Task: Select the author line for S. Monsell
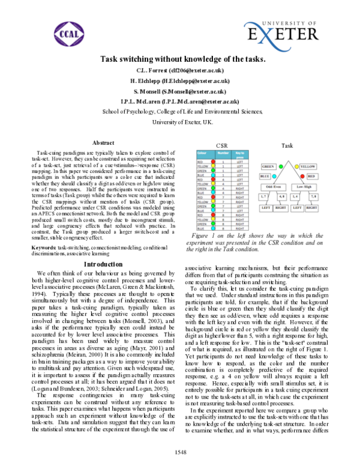tap(180, 91)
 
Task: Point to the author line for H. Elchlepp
tap(180, 80)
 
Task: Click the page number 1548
tap(180, 451)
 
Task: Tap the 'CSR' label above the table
tap(221, 146)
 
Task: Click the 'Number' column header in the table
tap(223, 154)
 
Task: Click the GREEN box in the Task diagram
tap(268, 166)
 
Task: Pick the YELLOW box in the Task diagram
tap(308, 166)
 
